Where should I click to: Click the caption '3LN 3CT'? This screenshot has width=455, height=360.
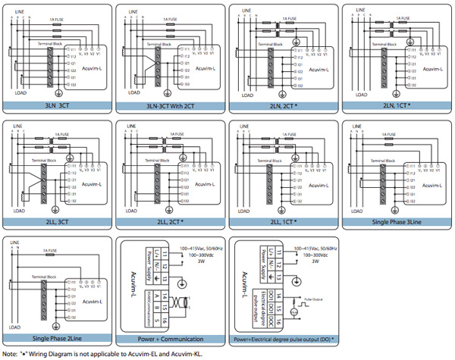(x=58, y=106)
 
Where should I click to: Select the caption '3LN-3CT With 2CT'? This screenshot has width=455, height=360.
(x=171, y=106)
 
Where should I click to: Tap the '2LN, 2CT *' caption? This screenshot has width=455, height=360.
(x=284, y=106)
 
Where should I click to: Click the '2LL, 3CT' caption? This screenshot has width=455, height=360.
(x=58, y=221)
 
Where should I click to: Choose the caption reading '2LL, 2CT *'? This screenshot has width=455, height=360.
(x=171, y=221)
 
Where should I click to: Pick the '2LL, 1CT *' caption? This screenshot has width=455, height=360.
(x=284, y=221)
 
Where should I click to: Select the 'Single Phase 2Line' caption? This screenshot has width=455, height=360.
(x=58, y=337)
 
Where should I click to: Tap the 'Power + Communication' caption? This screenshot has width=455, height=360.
(x=171, y=337)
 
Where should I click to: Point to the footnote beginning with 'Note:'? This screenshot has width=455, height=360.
(x=106, y=352)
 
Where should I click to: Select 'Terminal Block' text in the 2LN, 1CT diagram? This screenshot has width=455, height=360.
(x=388, y=45)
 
